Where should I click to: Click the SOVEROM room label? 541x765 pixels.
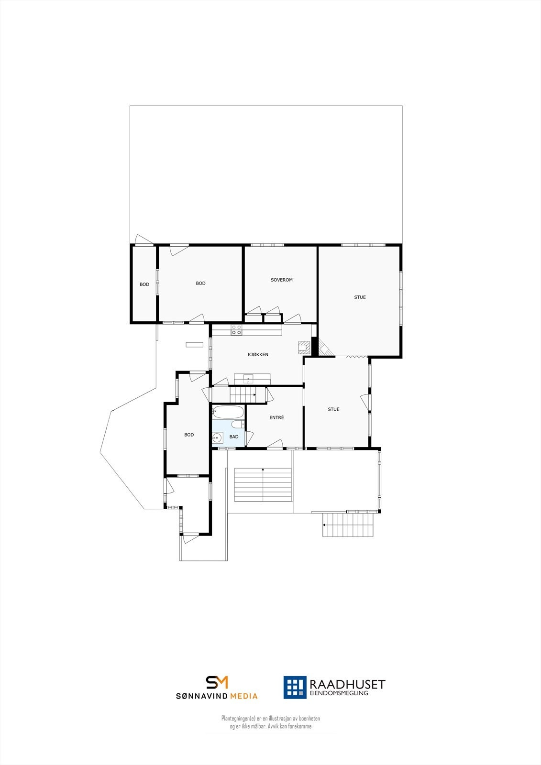[281, 280]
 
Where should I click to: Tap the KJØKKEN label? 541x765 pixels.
[258, 354]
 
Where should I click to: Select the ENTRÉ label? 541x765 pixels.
[276, 417]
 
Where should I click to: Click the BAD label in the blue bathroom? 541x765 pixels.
[234, 437]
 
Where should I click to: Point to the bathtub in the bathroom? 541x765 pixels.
[228, 412]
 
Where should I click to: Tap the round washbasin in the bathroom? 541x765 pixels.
[218, 437]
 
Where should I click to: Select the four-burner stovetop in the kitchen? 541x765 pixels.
[236, 329]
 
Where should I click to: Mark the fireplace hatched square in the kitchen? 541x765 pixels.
[304, 346]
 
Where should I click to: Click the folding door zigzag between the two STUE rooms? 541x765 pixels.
[355, 356]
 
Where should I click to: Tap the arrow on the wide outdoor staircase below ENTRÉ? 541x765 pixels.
[263, 470]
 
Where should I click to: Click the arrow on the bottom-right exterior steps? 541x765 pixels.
[324, 525]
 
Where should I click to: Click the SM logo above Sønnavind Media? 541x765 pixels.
[217, 682]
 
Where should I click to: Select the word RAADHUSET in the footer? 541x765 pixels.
[347, 684]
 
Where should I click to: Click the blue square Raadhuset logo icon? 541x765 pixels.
[295, 687]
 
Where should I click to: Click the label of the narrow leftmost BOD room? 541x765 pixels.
[144, 284]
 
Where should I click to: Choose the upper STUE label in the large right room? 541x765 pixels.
[360, 297]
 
